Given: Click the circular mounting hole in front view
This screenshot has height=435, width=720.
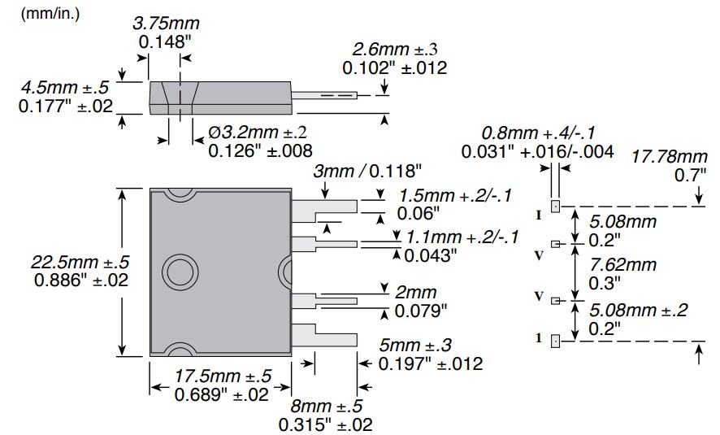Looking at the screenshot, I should (176, 272).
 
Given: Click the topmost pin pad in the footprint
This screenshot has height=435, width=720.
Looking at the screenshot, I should (556, 206).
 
